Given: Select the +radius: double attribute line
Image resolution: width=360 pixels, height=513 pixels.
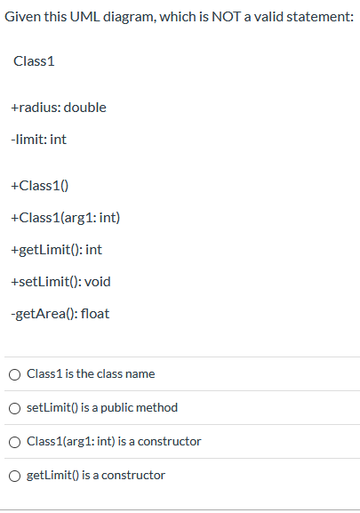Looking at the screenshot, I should click(59, 108).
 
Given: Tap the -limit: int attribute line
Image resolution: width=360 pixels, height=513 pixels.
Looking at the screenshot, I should click(39, 140).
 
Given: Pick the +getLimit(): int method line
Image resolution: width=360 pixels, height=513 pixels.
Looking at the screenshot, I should click(57, 250).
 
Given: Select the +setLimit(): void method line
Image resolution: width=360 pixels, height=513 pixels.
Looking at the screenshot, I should click(60, 282).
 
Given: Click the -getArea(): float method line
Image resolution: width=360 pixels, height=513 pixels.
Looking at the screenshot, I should click(60, 314).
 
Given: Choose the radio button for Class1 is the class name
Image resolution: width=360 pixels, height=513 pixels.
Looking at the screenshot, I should click(16, 374).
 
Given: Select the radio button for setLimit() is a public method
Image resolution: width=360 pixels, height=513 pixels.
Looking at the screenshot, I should click(16, 408).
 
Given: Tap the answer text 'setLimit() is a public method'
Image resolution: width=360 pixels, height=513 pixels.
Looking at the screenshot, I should click(102, 408).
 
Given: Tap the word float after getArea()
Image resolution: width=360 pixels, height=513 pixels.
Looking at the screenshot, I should click(95, 314).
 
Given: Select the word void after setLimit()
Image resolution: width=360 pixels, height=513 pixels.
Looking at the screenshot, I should click(95, 282).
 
